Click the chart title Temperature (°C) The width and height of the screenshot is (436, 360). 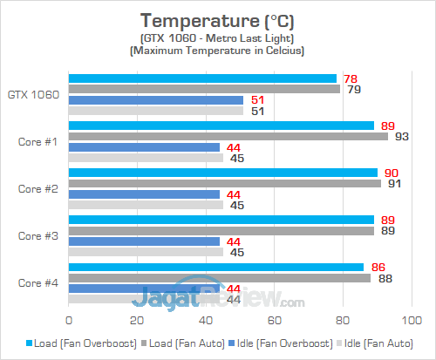pos(217,19)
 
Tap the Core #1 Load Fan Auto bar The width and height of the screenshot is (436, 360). pos(228,136)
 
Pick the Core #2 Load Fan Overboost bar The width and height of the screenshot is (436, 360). pos(222,173)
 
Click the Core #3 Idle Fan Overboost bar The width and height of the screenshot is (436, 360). pos(144,241)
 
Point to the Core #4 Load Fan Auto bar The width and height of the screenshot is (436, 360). pos(219,278)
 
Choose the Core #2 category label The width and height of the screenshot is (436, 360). pos(37,188)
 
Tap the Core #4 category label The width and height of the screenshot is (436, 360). pos(37,282)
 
